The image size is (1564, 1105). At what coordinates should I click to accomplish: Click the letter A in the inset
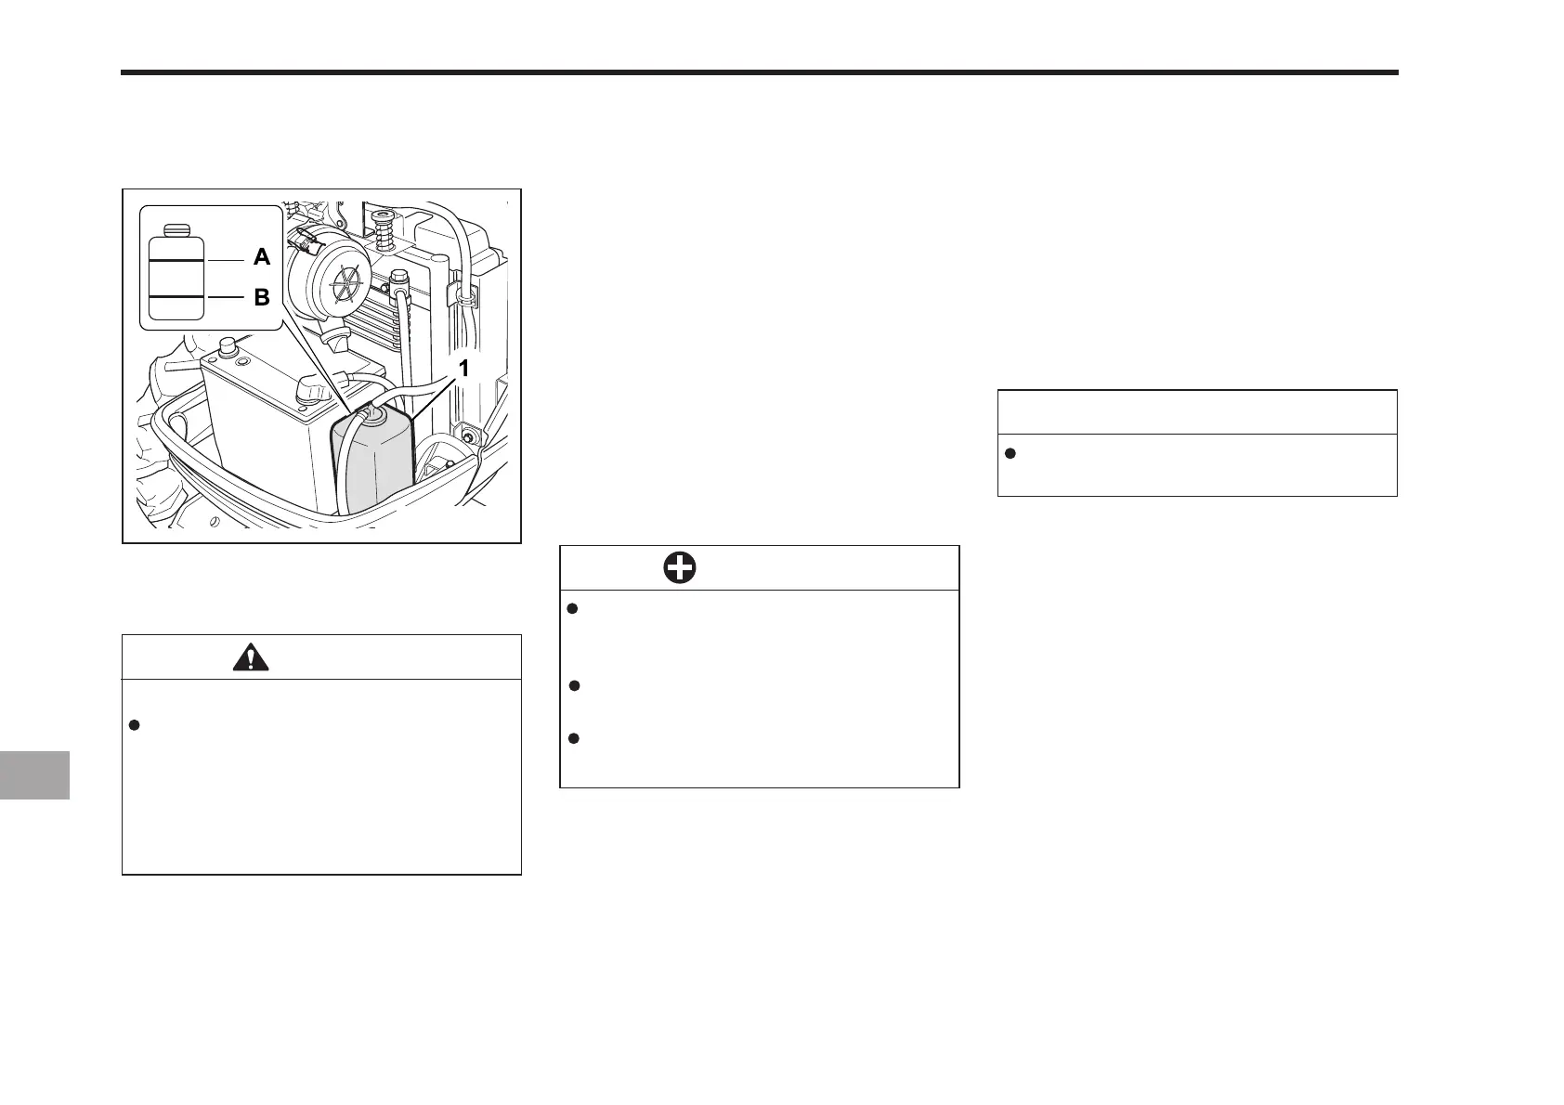[x=262, y=258]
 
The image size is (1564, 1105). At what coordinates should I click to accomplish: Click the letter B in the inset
[x=262, y=298]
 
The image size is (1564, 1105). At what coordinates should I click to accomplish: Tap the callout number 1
[x=463, y=369]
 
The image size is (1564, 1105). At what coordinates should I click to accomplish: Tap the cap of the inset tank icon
[x=176, y=229]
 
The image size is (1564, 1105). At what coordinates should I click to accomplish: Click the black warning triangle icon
[x=251, y=657]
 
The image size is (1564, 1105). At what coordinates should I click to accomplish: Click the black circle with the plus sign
[x=680, y=568]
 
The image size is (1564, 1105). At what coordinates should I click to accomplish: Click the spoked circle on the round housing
[x=347, y=280]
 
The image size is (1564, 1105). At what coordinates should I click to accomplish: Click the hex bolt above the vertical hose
[x=399, y=277]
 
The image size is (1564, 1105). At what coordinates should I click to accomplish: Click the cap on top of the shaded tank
[x=375, y=412]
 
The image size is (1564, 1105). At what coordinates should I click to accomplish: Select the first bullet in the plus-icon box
[x=573, y=609]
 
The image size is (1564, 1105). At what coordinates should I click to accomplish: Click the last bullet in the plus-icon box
[x=573, y=739]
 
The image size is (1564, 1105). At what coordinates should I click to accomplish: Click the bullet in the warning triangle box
[x=134, y=725]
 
